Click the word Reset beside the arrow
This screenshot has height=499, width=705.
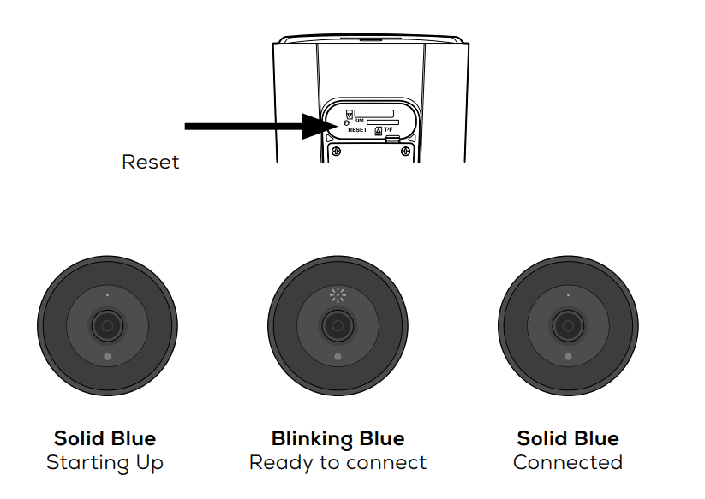click(x=151, y=162)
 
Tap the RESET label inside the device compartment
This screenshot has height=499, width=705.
click(x=357, y=130)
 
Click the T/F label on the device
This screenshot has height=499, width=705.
click(x=400, y=129)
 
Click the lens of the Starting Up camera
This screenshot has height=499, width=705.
click(x=107, y=325)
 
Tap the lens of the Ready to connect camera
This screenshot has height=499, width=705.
click(x=338, y=325)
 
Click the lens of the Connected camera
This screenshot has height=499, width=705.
click(x=568, y=325)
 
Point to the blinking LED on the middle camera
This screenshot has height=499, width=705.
click(x=338, y=296)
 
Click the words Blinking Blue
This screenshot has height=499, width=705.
click(x=338, y=439)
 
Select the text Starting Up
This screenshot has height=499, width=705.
click(x=105, y=463)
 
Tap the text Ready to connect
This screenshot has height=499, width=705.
click(x=338, y=463)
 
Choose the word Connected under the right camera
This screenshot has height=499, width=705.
click(x=567, y=463)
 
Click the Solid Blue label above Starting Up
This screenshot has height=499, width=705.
click(x=105, y=439)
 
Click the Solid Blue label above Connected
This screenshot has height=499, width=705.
click(x=567, y=439)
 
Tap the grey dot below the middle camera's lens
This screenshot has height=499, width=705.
click(x=338, y=356)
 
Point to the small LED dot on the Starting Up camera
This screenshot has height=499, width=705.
click(x=107, y=295)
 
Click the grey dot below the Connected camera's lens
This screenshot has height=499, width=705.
click(x=568, y=356)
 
